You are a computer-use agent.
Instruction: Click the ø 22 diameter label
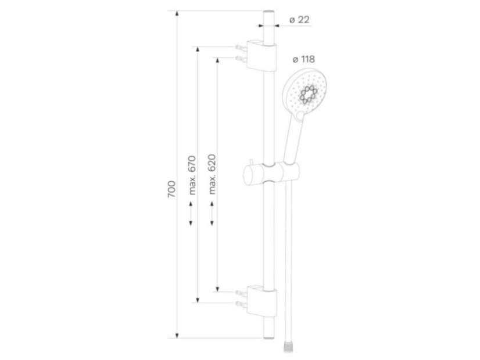click(299, 20)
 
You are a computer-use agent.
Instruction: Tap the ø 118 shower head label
click(304, 59)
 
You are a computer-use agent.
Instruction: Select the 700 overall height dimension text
click(171, 189)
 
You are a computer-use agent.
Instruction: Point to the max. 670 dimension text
click(192, 175)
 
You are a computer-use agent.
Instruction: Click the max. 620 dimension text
click(212, 174)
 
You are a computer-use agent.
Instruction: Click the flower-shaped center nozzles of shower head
click(308, 94)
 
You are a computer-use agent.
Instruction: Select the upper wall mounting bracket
click(262, 55)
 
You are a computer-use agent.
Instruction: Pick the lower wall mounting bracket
click(262, 301)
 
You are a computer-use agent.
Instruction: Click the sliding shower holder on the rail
click(271, 174)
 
